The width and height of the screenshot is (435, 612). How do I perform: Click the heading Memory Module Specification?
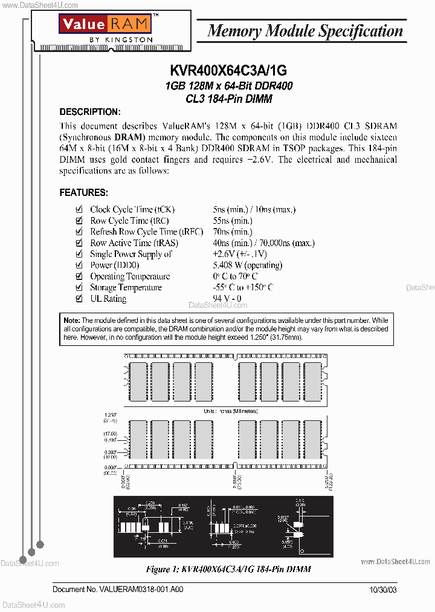(x=304, y=31)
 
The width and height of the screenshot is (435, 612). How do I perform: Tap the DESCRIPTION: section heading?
(x=90, y=112)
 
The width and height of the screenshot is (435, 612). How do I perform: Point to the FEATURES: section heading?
(x=83, y=193)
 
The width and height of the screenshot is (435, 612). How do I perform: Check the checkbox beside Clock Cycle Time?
(x=79, y=209)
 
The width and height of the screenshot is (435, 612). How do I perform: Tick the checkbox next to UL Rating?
(x=79, y=299)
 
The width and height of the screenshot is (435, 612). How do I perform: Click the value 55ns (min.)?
(x=233, y=221)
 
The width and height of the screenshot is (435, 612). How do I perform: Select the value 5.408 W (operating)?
(x=248, y=265)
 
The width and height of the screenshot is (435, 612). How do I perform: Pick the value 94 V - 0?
(x=227, y=299)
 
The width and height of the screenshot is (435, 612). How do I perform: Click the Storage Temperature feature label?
(x=126, y=288)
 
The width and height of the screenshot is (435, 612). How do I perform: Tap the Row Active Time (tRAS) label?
(x=134, y=243)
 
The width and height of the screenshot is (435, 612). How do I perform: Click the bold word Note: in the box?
(x=72, y=320)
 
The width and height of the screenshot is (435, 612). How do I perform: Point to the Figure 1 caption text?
(x=229, y=569)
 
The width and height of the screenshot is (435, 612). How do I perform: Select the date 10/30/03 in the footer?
(x=383, y=589)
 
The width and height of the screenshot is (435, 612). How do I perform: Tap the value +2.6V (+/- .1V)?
(x=239, y=254)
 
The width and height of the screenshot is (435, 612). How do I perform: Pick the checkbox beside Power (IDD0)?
(x=79, y=265)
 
